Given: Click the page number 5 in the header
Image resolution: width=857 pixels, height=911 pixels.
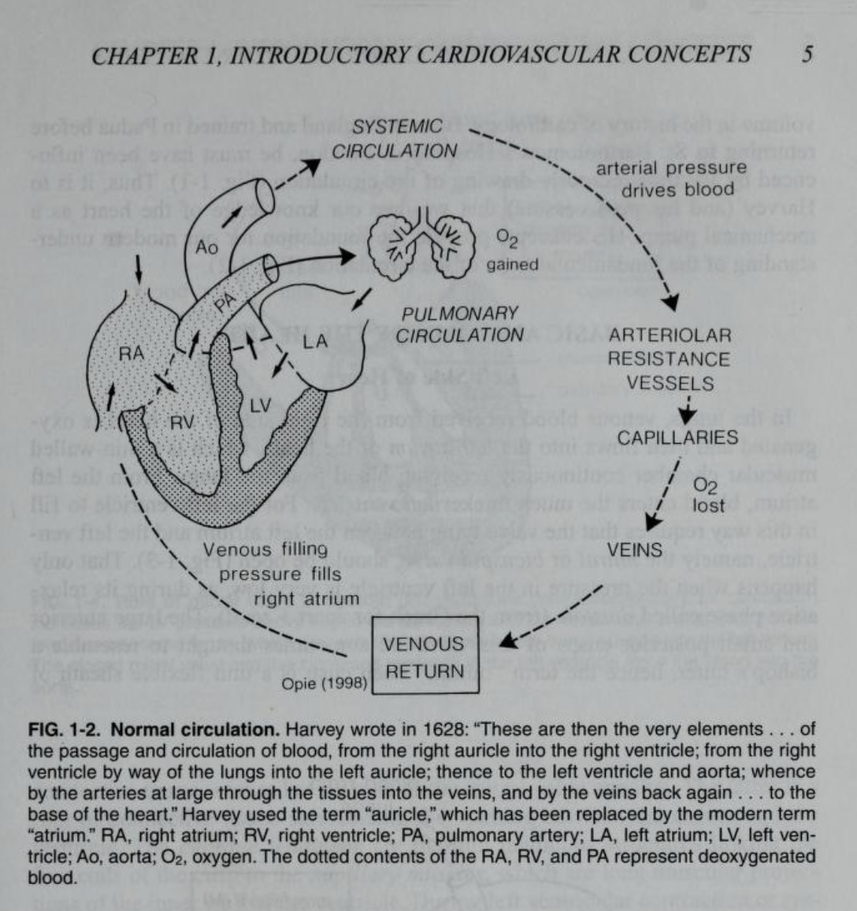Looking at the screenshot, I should click(x=807, y=55).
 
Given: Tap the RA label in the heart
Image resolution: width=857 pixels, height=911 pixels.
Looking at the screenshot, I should click(x=131, y=354).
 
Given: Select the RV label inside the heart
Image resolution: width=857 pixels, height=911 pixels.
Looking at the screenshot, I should click(x=182, y=422).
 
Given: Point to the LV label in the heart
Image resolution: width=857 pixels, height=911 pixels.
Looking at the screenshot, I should click(x=260, y=406).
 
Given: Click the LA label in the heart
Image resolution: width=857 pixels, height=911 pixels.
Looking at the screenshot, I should click(x=314, y=342).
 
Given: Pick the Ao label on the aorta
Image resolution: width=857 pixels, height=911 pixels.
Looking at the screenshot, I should click(x=206, y=247).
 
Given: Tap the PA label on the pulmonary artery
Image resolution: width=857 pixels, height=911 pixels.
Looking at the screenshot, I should click(x=225, y=302).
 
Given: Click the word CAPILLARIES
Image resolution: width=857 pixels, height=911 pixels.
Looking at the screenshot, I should click(x=677, y=437).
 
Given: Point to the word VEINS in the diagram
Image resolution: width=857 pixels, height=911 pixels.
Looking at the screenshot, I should click(x=634, y=549).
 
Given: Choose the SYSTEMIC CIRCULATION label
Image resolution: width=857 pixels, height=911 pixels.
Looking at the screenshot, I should click(x=395, y=139).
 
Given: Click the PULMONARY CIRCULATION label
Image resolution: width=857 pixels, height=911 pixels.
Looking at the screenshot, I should click(x=459, y=324).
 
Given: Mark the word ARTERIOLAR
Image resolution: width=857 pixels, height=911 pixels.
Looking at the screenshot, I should click(x=670, y=335).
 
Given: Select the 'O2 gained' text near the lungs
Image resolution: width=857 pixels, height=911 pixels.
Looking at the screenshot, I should click(x=510, y=251).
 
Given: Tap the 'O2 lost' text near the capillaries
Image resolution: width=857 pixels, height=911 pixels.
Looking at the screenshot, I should click(x=707, y=496).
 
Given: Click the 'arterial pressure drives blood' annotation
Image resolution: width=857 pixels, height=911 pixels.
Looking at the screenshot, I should click(x=670, y=179).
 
